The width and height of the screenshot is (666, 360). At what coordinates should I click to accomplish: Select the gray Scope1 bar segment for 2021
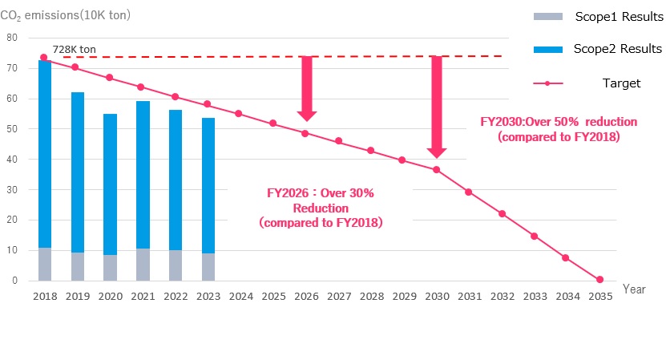click(x=143, y=265)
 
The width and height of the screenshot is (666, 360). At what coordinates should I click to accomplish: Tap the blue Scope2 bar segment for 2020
click(x=110, y=184)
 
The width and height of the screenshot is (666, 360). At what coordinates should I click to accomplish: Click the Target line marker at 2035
click(x=599, y=279)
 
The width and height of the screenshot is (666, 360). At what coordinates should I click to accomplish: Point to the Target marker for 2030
click(x=436, y=169)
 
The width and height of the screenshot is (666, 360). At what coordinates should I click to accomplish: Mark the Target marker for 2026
click(x=305, y=133)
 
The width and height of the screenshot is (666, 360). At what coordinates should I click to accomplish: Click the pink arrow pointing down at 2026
click(x=306, y=88)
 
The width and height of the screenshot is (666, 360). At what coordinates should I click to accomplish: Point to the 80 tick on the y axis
click(x=11, y=38)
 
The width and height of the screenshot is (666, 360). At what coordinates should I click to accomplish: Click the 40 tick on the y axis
click(x=11, y=160)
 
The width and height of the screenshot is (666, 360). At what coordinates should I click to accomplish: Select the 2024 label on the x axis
click(x=240, y=296)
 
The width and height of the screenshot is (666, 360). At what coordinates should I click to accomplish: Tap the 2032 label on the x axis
click(x=502, y=296)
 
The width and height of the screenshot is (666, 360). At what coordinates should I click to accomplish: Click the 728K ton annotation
click(x=74, y=50)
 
